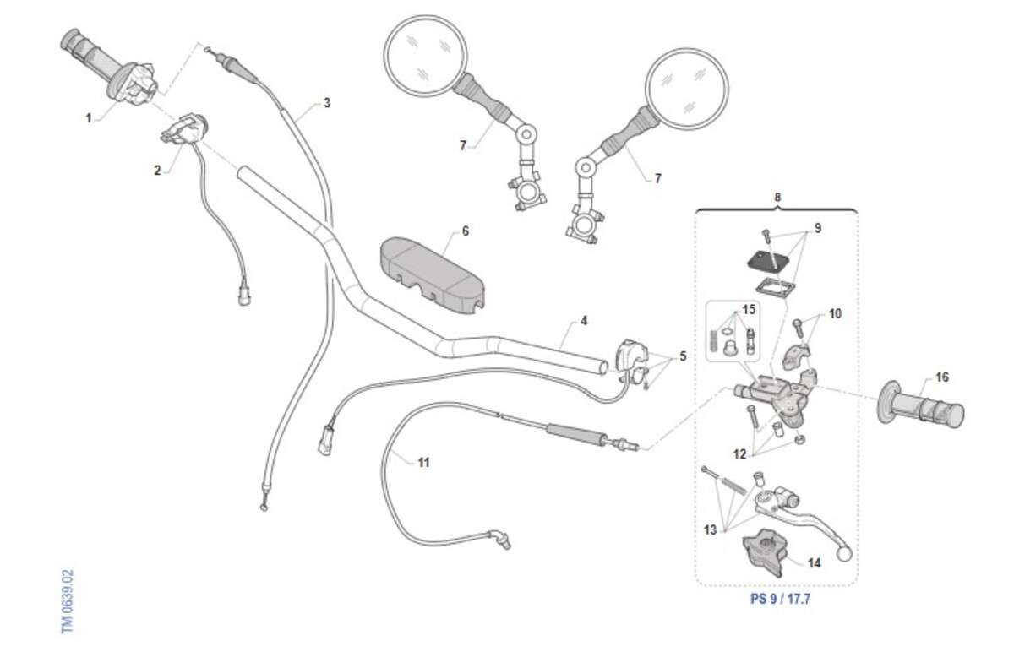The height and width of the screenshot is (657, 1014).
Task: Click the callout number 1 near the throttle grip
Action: click(x=88, y=118)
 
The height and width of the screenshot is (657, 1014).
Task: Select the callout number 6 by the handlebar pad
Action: click(x=465, y=231)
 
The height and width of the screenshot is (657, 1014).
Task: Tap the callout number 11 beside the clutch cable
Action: click(x=423, y=462)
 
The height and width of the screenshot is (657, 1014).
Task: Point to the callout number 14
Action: click(x=814, y=562)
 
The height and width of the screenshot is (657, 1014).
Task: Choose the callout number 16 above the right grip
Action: click(x=942, y=377)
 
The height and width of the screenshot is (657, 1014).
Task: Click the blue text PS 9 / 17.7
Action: click(x=775, y=599)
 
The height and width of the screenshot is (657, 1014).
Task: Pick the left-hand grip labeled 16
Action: click(x=922, y=410)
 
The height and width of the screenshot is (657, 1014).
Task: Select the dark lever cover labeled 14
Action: click(x=765, y=550)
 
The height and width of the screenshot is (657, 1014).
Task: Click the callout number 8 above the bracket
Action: click(x=777, y=198)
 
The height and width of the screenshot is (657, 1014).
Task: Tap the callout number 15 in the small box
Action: click(x=749, y=310)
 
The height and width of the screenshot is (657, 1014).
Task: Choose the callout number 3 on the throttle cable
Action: click(x=327, y=103)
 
